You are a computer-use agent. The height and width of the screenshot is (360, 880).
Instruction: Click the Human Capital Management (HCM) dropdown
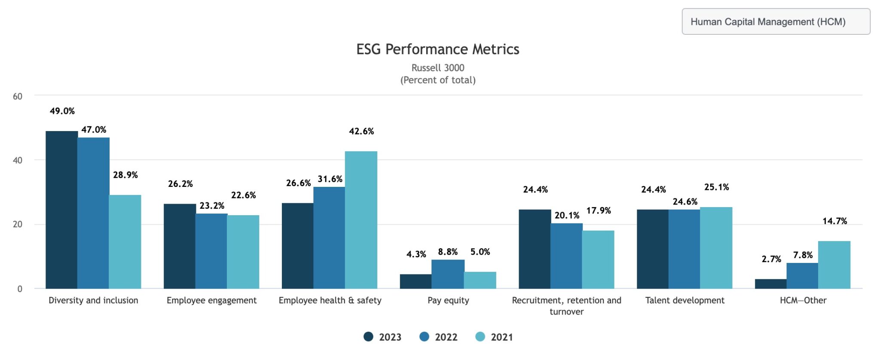click(775, 21)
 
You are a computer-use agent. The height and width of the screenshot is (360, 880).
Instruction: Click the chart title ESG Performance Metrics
click(437, 49)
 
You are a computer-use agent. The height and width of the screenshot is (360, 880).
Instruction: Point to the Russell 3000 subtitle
click(437, 68)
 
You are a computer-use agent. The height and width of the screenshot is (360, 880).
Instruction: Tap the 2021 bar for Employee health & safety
click(361, 220)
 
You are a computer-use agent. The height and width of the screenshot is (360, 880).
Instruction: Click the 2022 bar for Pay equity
click(448, 274)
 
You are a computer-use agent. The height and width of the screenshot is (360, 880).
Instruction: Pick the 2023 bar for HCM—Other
click(770, 284)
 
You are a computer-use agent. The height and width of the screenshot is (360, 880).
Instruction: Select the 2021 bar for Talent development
click(716, 248)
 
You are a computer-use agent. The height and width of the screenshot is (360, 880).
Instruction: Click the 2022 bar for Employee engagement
click(211, 251)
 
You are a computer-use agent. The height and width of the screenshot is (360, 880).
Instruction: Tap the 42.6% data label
click(361, 131)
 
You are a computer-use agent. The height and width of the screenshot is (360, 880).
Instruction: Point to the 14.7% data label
click(834, 221)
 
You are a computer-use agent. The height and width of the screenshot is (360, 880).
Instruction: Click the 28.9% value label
click(125, 175)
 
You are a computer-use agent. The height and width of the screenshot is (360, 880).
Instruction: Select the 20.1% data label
click(566, 216)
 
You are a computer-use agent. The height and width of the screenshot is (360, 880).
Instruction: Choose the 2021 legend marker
click(480, 337)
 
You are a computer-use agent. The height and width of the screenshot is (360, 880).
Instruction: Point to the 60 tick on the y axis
click(18, 97)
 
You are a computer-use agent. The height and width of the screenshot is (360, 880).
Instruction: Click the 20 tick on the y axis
click(18, 225)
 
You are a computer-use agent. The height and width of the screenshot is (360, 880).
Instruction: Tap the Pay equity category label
click(448, 301)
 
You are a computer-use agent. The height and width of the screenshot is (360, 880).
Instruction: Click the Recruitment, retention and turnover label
click(566, 306)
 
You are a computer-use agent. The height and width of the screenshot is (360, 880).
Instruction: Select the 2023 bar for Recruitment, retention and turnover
click(535, 249)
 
